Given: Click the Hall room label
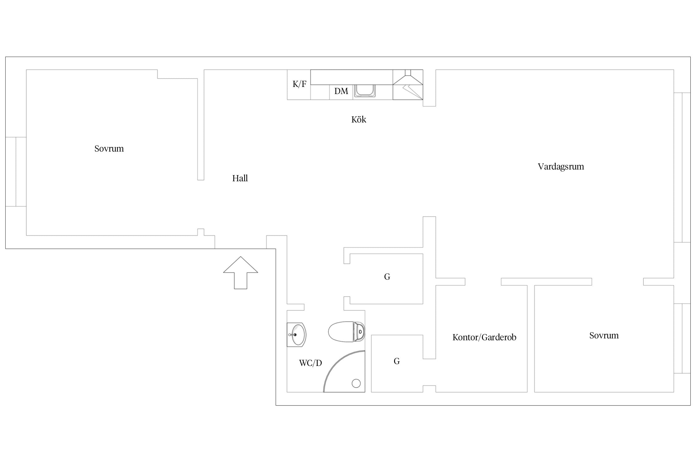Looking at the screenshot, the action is (240, 178).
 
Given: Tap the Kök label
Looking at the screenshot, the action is (359, 119).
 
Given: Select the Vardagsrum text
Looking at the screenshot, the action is (561, 167).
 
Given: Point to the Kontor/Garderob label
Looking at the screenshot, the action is (484, 337).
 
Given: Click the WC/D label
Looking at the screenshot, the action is (311, 363).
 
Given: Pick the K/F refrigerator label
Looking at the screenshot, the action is (299, 84).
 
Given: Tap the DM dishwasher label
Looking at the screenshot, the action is (341, 91).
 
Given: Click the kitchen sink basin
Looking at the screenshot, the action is (365, 91).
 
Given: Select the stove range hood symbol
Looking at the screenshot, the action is (408, 85).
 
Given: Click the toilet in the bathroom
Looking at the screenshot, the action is (346, 332).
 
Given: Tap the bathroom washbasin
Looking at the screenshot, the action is (296, 335).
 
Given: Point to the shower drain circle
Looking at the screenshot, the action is (356, 384).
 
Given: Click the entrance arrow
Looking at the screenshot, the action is (241, 273).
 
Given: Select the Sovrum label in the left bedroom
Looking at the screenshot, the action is (109, 149).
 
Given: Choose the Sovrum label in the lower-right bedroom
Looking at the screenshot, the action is (604, 336).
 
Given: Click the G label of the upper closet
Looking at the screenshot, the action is (387, 277).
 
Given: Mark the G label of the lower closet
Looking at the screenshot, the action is (397, 361).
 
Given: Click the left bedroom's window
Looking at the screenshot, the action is (16, 172).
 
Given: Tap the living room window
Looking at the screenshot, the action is (682, 167).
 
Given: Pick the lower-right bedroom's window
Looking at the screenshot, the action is (682, 338).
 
